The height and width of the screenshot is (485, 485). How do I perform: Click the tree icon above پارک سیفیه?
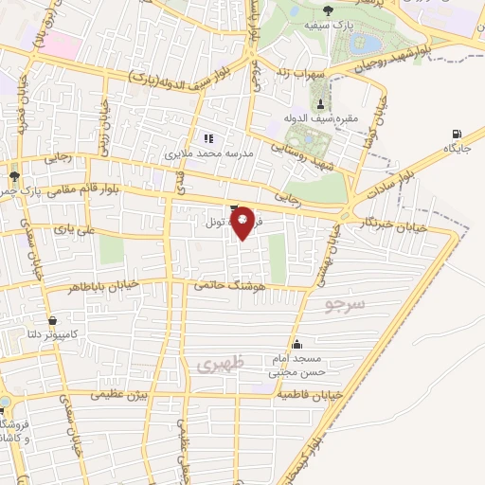(x=327, y=10)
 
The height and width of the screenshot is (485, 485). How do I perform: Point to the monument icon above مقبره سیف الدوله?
(x=320, y=103)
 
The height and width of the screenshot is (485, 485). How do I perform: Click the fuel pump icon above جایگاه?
(x=458, y=135)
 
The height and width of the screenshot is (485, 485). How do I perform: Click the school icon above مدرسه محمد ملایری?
(x=207, y=137)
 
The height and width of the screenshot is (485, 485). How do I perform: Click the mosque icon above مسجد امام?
(x=298, y=345)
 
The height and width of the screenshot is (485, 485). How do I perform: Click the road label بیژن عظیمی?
(x=120, y=394)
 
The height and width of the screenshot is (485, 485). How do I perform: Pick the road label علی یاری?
(x=72, y=229)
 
